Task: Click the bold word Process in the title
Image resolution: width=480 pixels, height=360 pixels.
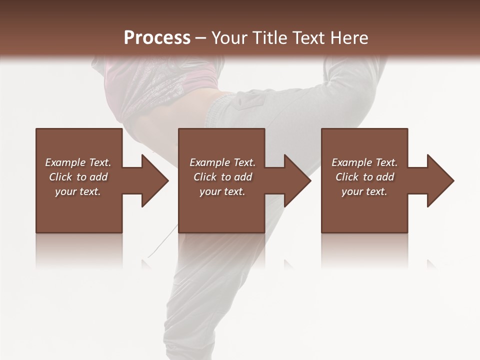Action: [157, 37]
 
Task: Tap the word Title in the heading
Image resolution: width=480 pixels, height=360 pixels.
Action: [269, 37]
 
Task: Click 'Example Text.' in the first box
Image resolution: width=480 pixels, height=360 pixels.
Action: [78, 162]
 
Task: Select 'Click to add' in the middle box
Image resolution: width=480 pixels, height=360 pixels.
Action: [222, 177]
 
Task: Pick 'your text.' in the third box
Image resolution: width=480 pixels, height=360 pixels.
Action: [364, 191]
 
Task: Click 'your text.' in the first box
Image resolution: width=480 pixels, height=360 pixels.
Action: [78, 191]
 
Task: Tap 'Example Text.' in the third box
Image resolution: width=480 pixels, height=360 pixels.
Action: [364, 162]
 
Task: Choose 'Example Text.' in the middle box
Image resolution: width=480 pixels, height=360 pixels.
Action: [222, 162]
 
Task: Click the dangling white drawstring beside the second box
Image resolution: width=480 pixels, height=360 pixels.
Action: [170, 237]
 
